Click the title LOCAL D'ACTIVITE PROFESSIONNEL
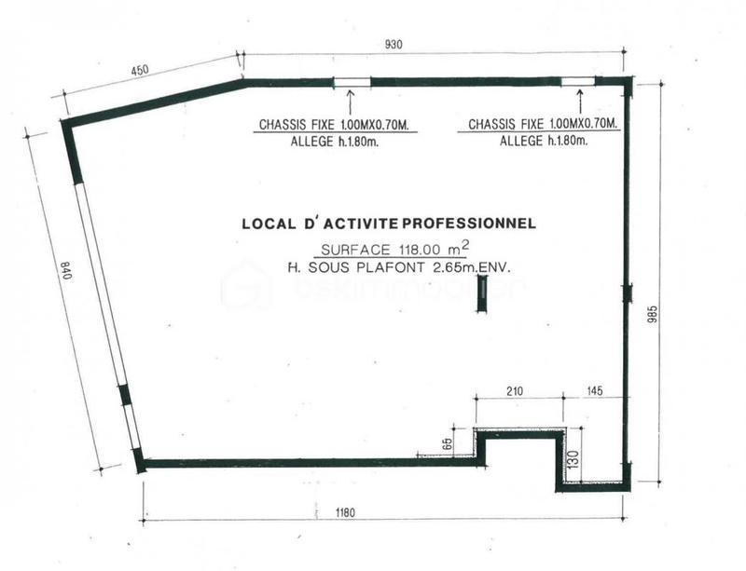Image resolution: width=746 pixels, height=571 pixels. (x=388, y=224)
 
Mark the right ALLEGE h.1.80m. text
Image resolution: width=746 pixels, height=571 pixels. (x=543, y=141)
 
